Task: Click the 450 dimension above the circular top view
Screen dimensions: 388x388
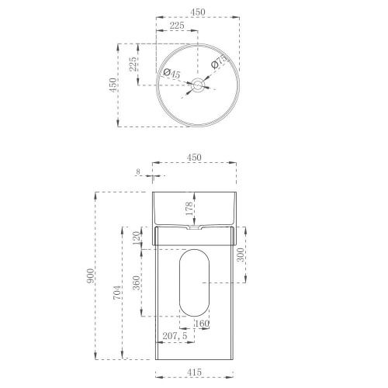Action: (x=199, y=12)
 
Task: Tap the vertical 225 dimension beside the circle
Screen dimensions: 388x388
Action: (x=133, y=63)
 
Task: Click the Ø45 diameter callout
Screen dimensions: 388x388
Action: (x=171, y=73)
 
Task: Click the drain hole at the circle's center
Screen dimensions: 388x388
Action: (x=199, y=86)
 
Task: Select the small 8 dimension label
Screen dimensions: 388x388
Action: (x=137, y=171)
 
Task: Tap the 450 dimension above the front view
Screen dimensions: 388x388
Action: (x=194, y=157)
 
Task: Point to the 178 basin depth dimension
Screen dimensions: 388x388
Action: (x=189, y=209)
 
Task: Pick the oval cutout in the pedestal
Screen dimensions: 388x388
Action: (x=194, y=283)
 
